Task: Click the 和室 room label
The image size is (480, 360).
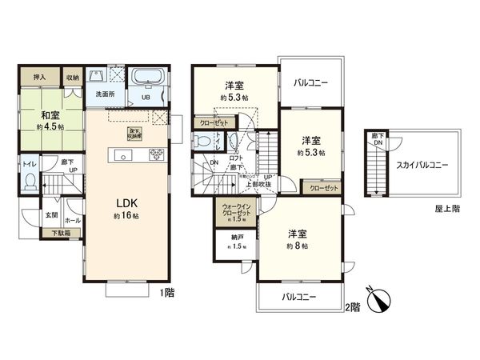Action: click(50, 113)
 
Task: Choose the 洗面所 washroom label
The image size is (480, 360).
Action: click(106, 94)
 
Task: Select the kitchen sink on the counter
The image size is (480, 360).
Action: click(124, 155)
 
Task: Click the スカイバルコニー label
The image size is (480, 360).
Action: click(421, 165)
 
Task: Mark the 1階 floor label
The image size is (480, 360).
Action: click(166, 294)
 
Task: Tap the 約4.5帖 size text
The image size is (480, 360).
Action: click(51, 126)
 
